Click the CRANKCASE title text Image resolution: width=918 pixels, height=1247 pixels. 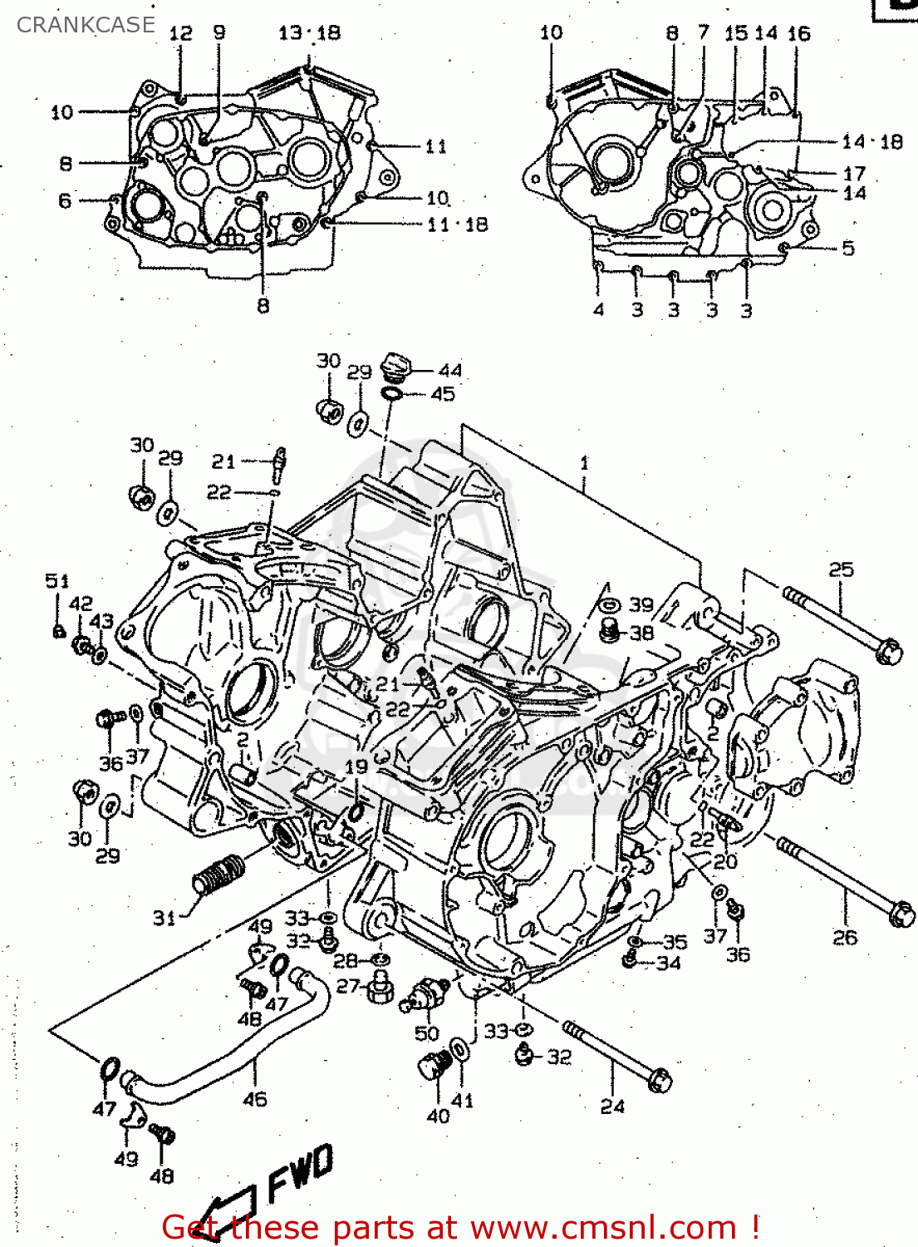click(x=86, y=25)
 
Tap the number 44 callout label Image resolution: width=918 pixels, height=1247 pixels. click(x=449, y=371)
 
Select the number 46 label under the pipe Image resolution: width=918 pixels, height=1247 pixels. click(x=255, y=1099)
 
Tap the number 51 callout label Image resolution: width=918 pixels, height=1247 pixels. click(x=56, y=581)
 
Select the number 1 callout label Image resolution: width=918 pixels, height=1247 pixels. click(x=585, y=463)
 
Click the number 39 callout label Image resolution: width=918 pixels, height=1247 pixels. click(x=641, y=604)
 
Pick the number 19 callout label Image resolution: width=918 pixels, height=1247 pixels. click(x=356, y=766)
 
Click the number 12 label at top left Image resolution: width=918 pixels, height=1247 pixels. click(x=180, y=33)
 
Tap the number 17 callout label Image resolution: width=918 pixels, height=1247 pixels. click(x=854, y=174)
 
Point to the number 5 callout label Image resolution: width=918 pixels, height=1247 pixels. click(x=847, y=248)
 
